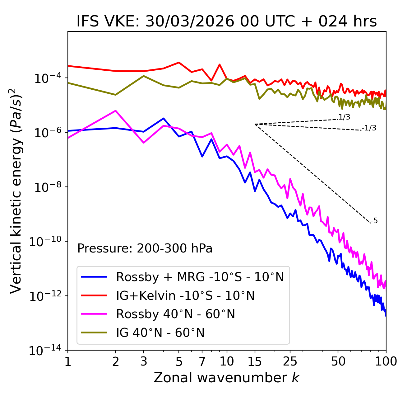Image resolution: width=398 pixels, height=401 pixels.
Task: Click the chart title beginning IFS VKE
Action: [x=227, y=21]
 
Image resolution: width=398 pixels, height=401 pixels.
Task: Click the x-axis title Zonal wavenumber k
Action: [x=227, y=378]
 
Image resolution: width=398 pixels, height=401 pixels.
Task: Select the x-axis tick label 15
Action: [x=255, y=361]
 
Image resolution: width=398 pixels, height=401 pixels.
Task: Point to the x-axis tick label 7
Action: [x=202, y=361]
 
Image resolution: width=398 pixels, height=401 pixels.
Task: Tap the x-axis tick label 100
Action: [x=386, y=361]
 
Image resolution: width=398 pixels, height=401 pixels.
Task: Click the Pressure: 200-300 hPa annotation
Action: [x=145, y=248]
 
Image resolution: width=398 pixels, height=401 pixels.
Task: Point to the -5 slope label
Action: [x=374, y=221]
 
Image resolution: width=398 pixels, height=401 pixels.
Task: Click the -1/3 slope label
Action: [x=369, y=128]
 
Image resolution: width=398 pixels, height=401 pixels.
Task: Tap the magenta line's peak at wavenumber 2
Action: [x=116, y=111]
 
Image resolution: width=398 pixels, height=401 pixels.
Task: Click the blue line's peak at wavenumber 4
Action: [x=163, y=118]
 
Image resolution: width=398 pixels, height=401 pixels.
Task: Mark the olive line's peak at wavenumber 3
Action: [x=143, y=76]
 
